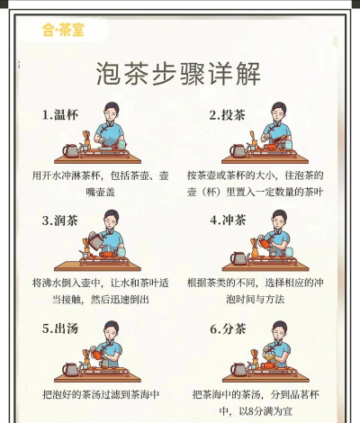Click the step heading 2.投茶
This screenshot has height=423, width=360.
point(227,114)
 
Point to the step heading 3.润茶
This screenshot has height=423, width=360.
point(61,220)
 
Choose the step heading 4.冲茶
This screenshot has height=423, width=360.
point(228,220)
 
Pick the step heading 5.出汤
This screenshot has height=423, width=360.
point(61,328)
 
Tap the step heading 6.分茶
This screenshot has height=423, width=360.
point(228,328)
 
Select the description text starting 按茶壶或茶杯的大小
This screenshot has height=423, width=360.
point(268,184)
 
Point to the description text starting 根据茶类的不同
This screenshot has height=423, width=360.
point(268,290)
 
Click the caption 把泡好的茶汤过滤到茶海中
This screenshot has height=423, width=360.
point(101,393)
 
